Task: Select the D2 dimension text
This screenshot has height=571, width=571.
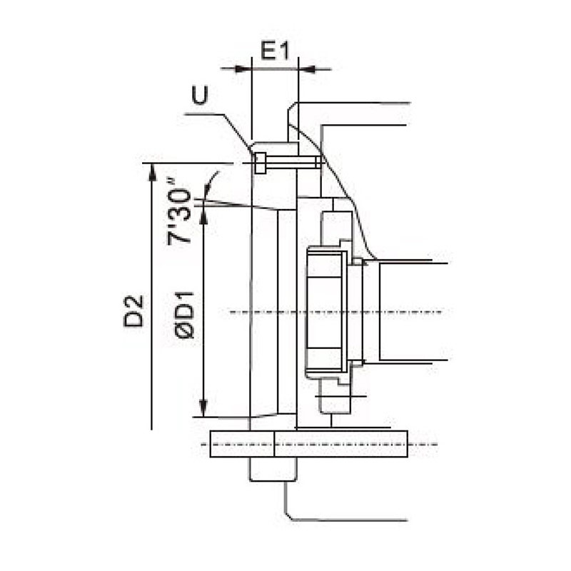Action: (133, 310)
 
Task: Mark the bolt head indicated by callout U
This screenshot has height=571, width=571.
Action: (261, 163)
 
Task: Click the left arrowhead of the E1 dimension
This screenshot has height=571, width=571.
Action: (246, 69)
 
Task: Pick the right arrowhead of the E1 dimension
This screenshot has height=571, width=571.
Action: (305, 69)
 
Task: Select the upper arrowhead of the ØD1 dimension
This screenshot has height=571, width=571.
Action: (204, 215)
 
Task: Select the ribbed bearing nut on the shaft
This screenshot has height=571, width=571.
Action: (325, 311)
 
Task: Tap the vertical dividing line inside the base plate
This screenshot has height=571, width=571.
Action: (275, 444)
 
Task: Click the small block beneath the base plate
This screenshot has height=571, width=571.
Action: (271, 470)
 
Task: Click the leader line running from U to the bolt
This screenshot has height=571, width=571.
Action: (228, 125)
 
